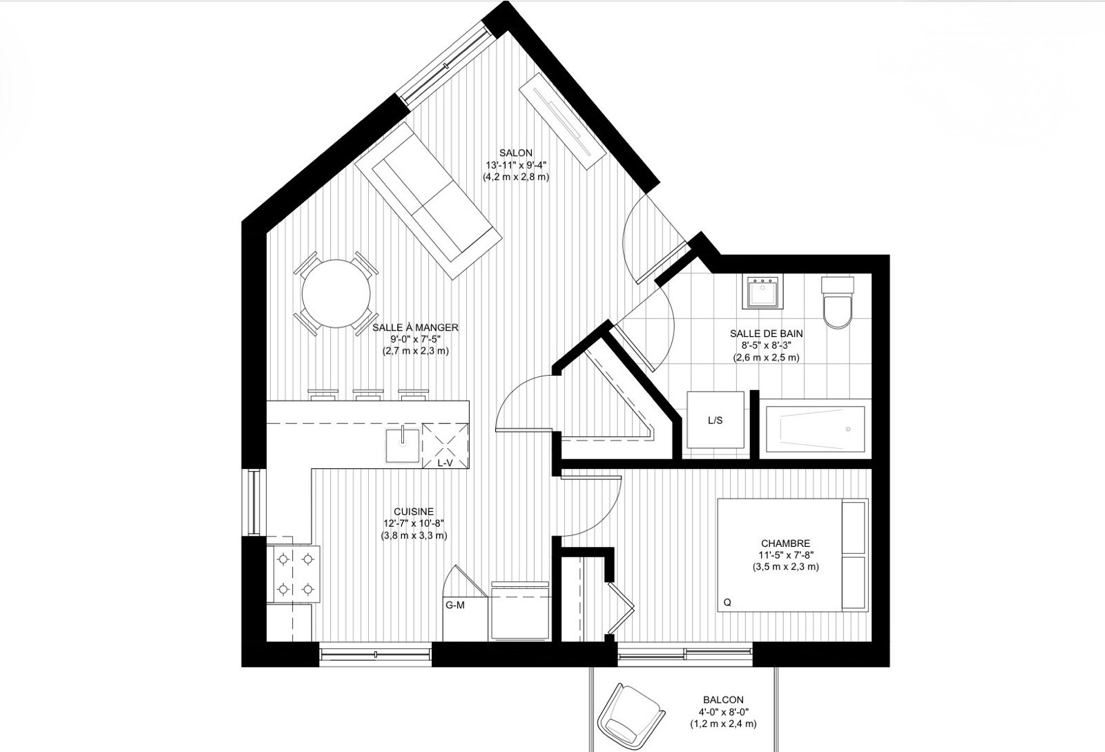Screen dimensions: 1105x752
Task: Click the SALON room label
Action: [x=515, y=153]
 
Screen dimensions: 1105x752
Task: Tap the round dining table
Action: [x=336, y=294]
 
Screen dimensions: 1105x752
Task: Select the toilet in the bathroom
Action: [x=837, y=302]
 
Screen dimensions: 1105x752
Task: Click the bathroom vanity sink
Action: [x=762, y=292]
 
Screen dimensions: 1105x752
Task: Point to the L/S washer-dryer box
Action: [x=715, y=420]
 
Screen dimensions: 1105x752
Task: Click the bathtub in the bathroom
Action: [x=815, y=428]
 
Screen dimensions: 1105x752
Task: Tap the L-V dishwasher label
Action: [x=445, y=463]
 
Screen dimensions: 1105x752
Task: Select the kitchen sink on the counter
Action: [x=403, y=446]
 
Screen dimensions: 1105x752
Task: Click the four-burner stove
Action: [x=293, y=574]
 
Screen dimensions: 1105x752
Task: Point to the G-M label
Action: [x=455, y=605]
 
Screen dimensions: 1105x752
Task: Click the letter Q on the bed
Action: [x=727, y=603]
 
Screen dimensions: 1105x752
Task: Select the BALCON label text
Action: [x=723, y=700]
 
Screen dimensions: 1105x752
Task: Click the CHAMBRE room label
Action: [x=785, y=543]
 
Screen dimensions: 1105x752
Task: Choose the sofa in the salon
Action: [x=428, y=201]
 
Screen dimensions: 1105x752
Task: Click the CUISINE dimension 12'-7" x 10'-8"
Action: [x=414, y=523]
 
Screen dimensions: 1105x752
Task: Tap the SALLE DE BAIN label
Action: [x=766, y=334]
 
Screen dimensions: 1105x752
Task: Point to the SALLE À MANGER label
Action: [x=415, y=327]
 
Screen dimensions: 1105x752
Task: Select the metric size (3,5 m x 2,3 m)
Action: [x=785, y=567]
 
